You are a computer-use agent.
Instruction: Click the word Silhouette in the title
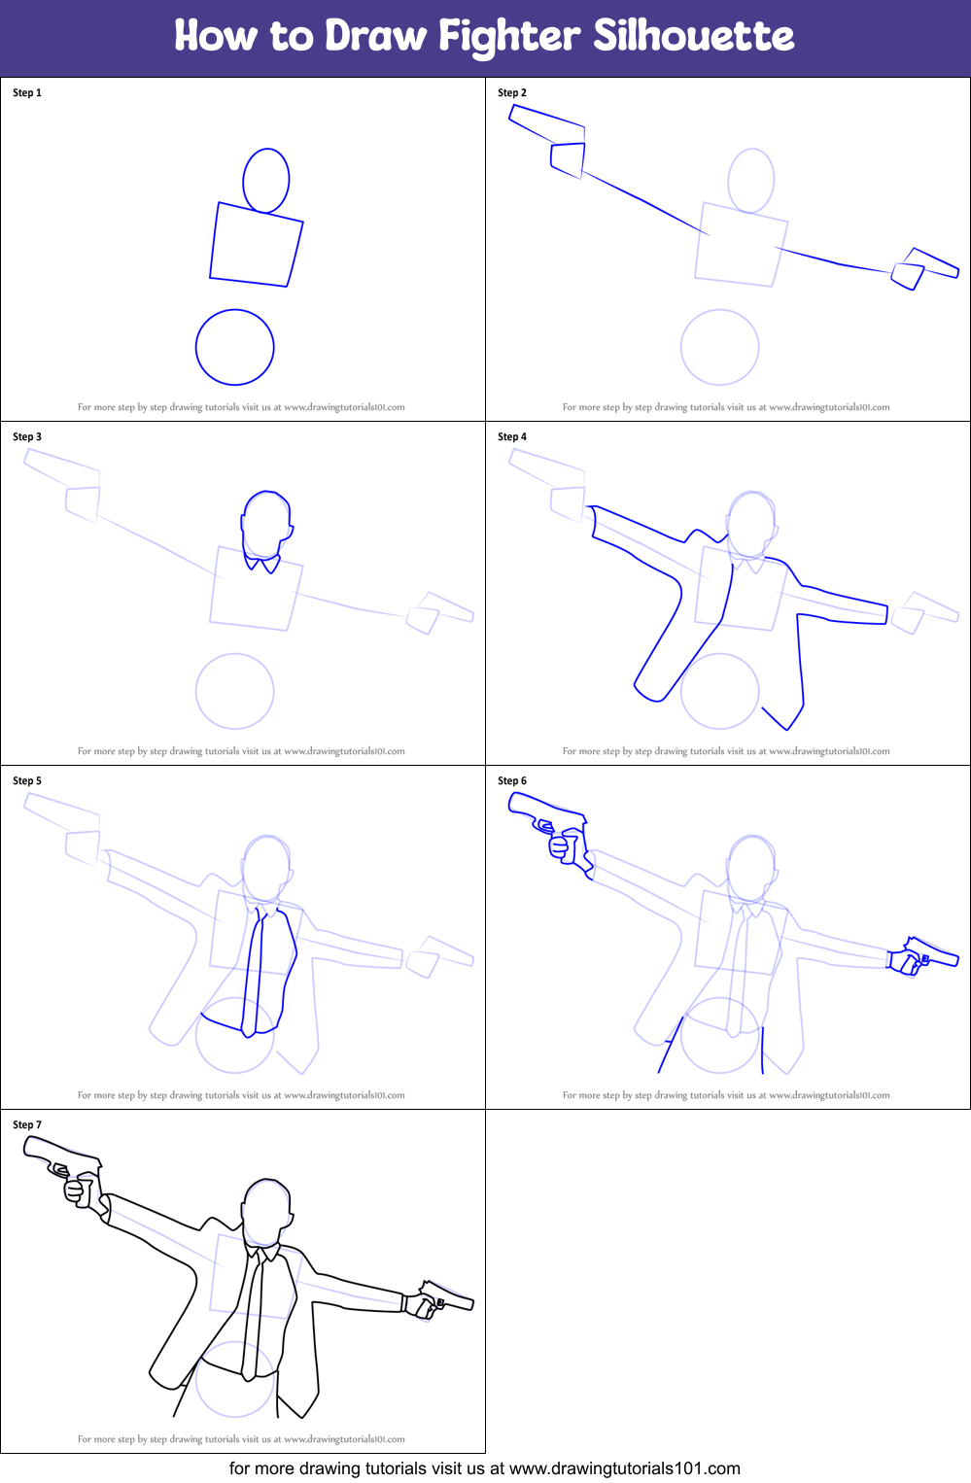pos(693,36)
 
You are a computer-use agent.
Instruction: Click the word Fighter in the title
pos(509,36)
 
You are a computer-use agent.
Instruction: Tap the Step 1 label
pos(27,93)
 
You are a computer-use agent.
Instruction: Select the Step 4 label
pos(512,437)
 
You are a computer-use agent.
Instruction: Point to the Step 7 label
pos(27,1125)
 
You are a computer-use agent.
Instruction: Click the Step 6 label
pos(512,781)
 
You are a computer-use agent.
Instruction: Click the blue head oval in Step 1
pos(265,181)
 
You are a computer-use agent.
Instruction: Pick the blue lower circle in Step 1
pos(235,347)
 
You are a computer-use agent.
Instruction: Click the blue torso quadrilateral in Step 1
pos(256,245)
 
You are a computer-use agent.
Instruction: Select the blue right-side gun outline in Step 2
pos(923,267)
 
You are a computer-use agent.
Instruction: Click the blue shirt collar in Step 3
pos(262,563)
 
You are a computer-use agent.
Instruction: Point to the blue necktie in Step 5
pos(255,972)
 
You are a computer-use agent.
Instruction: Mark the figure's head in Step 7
pos(266,1210)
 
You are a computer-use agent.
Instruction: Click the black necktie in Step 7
pos(255,1312)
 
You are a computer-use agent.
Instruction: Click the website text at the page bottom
pos(484,1468)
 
